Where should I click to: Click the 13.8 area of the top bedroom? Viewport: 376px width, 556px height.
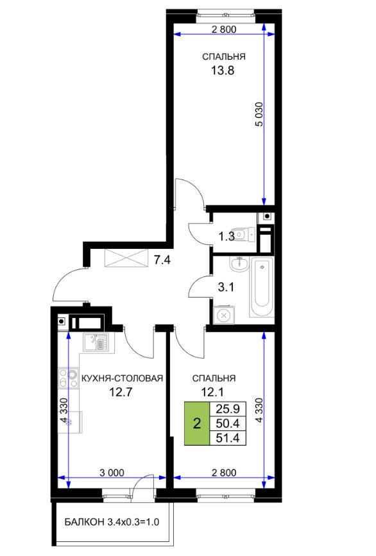click(x=223, y=71)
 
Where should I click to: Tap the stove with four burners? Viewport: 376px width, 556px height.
click(x=69, y=378)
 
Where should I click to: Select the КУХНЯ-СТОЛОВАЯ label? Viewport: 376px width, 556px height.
click(x=123, y=378)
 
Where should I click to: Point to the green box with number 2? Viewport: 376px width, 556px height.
click(x=197, y=423)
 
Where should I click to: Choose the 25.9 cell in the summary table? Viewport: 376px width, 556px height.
click(x=228, y=409)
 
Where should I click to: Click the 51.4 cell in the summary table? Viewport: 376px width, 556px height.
click(x=228, y=438)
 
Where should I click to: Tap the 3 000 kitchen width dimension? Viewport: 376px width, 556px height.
click(x=112, y=473)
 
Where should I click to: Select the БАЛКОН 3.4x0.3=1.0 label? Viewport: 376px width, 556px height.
click(x=112, y=522)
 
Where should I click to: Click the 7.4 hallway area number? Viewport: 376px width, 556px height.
click(x=162, y=260)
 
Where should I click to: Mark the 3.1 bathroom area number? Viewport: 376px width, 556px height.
click(x=226, y=287)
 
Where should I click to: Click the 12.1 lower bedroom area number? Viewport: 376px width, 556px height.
click(x=212, y=392)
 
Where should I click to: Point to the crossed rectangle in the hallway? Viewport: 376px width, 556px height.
click(x=126, y=258)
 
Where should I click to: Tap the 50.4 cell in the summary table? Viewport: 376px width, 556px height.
click(x=228, y=423)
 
